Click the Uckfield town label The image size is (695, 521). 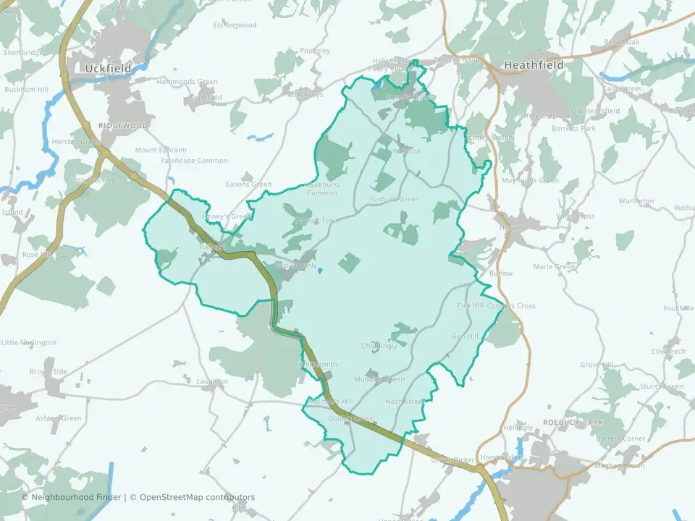click(x=108, y=68)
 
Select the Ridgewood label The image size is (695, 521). click(x=123, y=125)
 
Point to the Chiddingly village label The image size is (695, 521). click(x=379, y=346)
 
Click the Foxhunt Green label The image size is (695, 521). click(x=395, y=199)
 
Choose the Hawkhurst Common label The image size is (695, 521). click(x=321, y=189)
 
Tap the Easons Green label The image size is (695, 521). click(x=248, y=185)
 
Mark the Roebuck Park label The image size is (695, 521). click(x=573, y=422)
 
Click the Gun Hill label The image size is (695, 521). click(x=465, y=336)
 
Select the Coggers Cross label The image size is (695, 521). click(x=511, y=306)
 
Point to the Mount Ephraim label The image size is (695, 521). click(x=161, y=151)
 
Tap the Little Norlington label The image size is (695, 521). click(x=29, y=342)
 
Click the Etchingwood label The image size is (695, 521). click(x=235, y=25)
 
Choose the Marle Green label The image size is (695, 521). click(x=555, y=266)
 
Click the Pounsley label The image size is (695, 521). click(x=314, y=51)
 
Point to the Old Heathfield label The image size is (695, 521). click(x=595, y=111)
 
